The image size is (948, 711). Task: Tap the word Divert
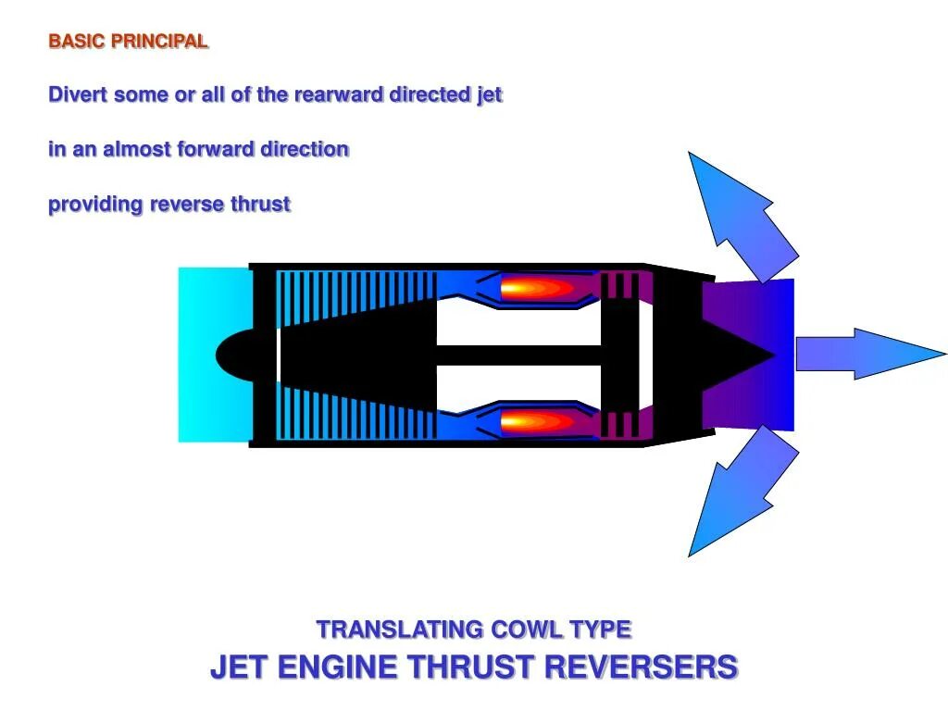[x=79, y=95]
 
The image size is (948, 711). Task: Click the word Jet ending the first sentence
[x=489, y=95]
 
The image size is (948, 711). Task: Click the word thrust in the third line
[x=260, y=205]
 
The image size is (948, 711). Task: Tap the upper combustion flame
[x=537, y=288]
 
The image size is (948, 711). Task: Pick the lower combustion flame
[x=537, y=422]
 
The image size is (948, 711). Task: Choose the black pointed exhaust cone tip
[x=764, y=354]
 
